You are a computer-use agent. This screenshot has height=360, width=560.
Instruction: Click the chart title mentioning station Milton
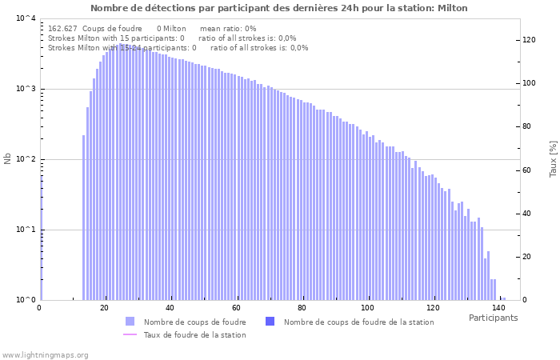(279, 8)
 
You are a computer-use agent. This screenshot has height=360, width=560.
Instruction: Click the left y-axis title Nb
(8, 158)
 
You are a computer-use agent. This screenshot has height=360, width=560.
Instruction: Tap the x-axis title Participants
(493, 318)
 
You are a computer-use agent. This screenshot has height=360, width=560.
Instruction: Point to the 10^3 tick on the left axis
(26, 89)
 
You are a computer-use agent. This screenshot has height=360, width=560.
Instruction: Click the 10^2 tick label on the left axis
(26, 159)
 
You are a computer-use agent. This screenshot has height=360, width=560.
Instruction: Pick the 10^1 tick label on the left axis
(26, 230)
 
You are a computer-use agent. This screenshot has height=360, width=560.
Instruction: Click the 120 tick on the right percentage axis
(529, 40)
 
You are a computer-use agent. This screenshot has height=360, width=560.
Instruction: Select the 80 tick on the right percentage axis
(526, 126)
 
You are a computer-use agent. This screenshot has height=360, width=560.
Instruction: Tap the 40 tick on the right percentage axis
(526, 214)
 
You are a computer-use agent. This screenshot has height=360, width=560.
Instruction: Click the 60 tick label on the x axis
(236, 308)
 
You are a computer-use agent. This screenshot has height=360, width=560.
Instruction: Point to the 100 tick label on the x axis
(367, 308)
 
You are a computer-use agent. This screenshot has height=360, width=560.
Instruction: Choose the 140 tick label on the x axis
(498, 308)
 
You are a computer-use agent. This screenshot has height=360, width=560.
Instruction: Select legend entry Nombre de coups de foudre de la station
(358, 322)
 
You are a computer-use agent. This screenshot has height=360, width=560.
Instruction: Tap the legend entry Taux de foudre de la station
(194, 334)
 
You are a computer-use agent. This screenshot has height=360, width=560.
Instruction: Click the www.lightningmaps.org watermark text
(45, 354)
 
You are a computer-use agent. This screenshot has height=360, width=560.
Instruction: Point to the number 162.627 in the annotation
(62, 28)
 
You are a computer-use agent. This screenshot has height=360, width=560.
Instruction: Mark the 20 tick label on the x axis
(105, 308)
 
